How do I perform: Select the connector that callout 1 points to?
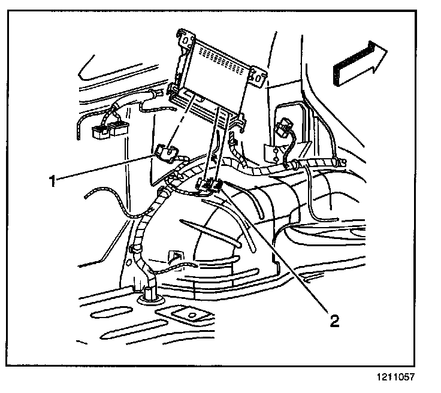164,152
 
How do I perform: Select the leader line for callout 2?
276,251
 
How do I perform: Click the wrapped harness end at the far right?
340,162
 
